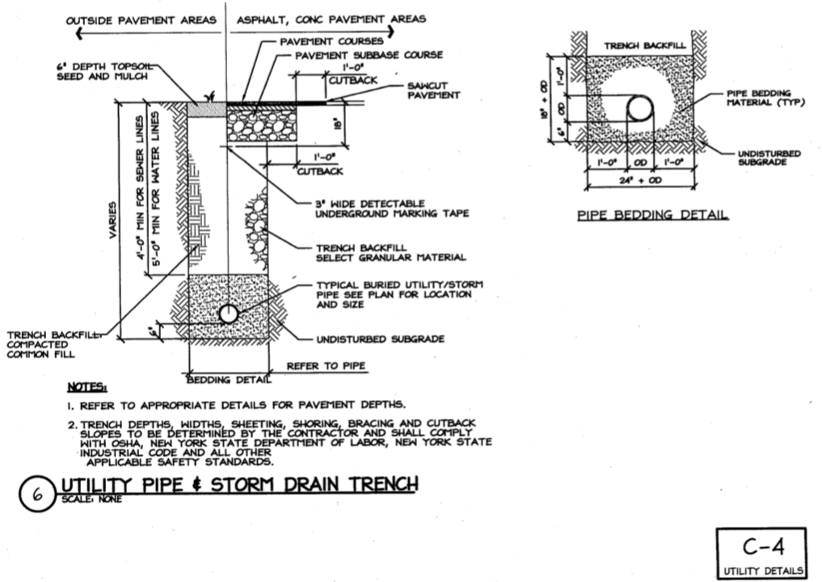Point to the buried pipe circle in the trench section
pyautogui.click(x=230, y=314)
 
